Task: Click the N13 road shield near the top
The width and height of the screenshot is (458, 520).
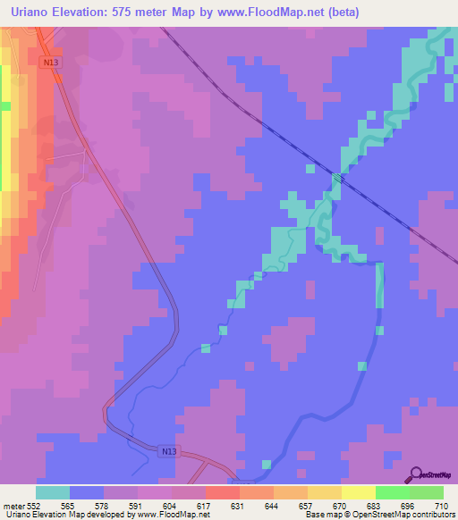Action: coord(49,63)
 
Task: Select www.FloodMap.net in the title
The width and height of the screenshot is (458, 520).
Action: coord(262,11)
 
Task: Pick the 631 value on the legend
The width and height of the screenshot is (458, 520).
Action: coord(212,505)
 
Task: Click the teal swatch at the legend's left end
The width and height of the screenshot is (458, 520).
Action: coord(53,492)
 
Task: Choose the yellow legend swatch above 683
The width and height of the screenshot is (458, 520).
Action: coord(359,492)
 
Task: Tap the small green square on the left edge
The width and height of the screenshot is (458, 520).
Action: coord(4,105)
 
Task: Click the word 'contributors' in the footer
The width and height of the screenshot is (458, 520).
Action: coord(433,515)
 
